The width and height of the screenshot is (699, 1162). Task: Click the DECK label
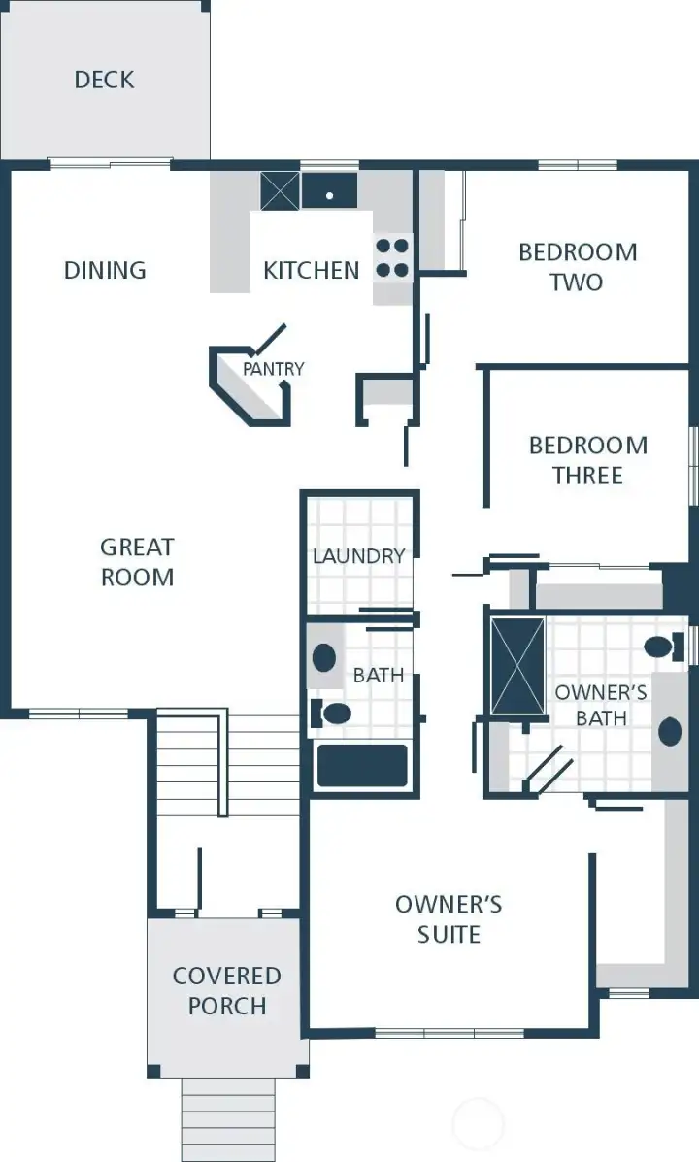click(x=104, y=80)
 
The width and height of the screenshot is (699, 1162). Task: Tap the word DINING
click(x=105, y=270)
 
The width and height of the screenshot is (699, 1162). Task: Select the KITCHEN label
click(x=311, y=270)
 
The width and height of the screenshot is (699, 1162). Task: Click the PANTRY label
click(x=273, y=369)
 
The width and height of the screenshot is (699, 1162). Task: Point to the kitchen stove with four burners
click(x=392, y=258)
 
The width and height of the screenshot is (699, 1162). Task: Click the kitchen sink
click(x=330, y=191)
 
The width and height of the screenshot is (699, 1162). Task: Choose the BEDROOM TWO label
click(x=578, y=267)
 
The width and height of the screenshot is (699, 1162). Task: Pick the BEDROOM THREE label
click(x=588, y=460)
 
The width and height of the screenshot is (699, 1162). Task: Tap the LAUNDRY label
click(x=358, y=556)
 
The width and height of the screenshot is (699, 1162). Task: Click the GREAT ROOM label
click(x=137, y=562)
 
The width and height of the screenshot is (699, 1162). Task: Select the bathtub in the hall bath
click(x=362, y=766)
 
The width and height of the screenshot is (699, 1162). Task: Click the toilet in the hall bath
click(x=333, y=714)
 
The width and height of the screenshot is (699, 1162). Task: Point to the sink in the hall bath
click(x=324, y=657)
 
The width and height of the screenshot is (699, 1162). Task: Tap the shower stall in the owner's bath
click(x=517, y=666)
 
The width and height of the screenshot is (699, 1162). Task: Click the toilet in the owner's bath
click(x=662, y=647)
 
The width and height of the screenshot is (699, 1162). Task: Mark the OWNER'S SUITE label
click(x=449, y=919)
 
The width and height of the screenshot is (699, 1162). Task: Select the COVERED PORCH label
click(x=227, y=990)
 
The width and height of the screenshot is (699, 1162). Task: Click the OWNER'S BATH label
click(x=600, y=705)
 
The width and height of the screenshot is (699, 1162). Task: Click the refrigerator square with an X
click(x=280, y=190)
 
